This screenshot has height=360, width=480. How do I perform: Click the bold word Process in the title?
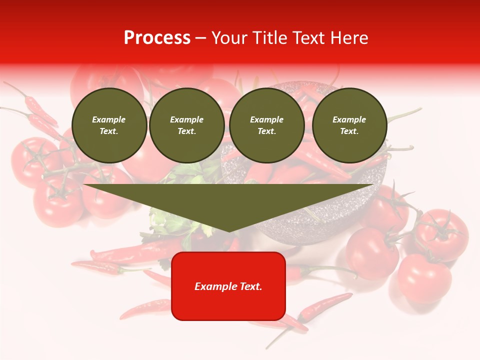click(157, 38)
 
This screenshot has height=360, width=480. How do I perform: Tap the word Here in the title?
click(349, 38)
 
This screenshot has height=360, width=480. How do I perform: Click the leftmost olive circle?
click(109, 125)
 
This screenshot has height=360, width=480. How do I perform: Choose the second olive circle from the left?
click(187, 125)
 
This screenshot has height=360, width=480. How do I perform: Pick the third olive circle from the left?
click(267, 125)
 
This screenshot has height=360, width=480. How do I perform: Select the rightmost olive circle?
click(349, 125)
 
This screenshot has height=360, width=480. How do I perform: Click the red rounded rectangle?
click(228, 300)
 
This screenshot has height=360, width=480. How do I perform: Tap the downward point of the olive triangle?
click(229, 228)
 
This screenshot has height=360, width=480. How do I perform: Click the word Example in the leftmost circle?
click(109, 119)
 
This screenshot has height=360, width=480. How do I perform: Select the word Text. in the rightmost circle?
click(349, 131)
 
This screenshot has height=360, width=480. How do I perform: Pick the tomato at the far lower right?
click(424, 275)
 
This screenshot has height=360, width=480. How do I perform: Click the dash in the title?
click(201, 38)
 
